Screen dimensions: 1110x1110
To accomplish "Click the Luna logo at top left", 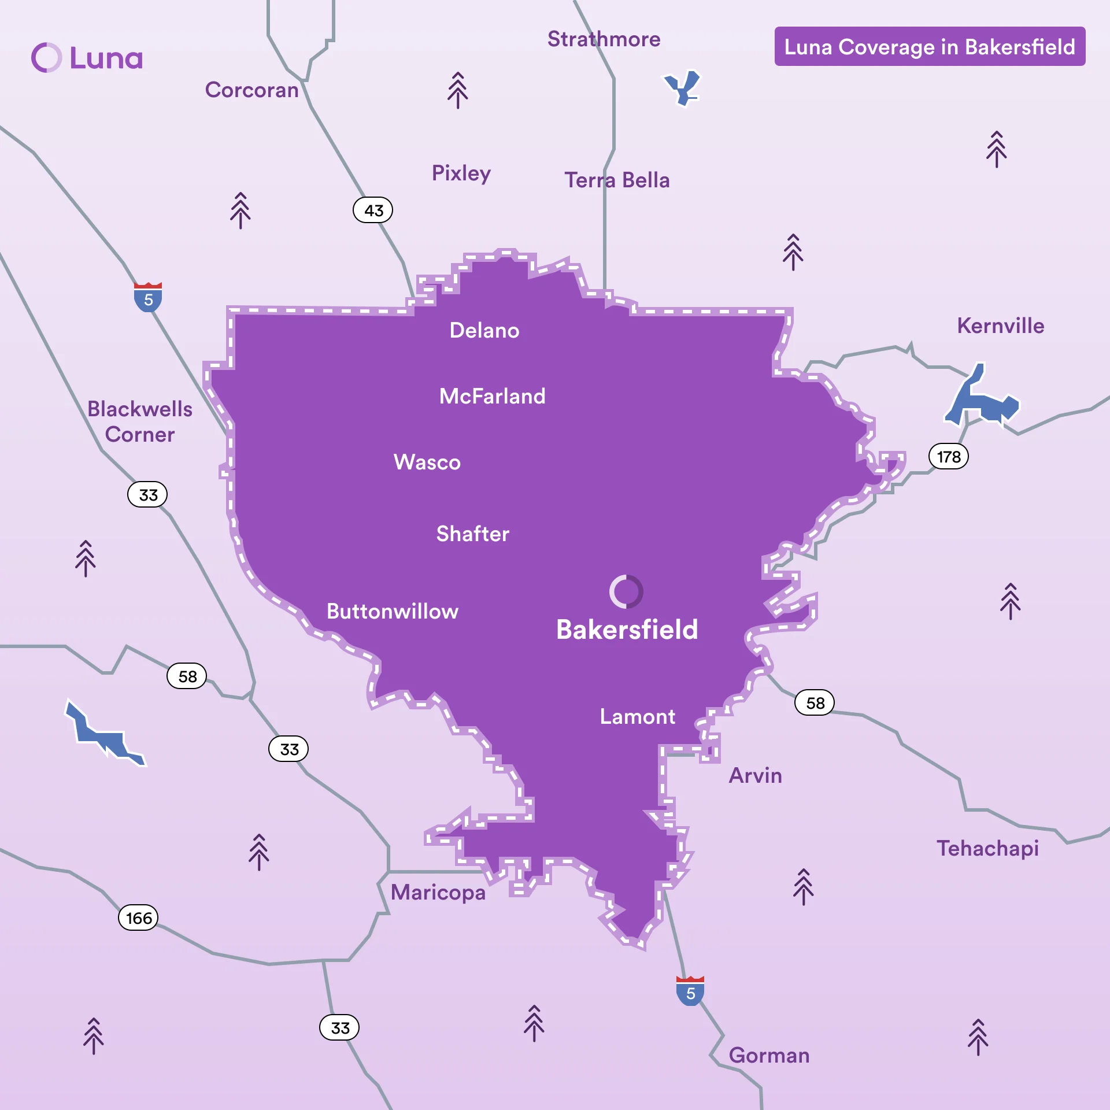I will coord(87,58).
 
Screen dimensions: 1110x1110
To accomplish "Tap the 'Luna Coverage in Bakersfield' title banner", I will coord(929,47).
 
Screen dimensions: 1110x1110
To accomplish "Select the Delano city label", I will coord(484,331).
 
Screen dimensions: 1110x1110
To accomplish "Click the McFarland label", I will coord(492,397).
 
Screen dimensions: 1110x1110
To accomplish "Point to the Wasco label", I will coord(427,462).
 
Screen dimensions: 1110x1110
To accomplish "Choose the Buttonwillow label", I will coord(392,612).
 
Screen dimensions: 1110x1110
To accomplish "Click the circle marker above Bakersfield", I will coord(626,591).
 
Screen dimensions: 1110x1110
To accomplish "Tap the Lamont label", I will coord(637,717).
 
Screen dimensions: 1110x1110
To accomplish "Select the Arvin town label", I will coord(755,776).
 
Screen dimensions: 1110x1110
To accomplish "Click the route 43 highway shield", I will coord(373,210).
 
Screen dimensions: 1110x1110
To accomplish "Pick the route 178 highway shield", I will coord(948,457).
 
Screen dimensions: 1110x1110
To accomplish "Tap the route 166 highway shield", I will coord(138,918).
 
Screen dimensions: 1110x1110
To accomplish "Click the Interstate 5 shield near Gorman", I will coord(690,991).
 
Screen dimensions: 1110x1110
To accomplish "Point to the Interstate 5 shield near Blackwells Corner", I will coord(148,297).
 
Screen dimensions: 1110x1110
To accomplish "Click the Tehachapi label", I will coord(987,849).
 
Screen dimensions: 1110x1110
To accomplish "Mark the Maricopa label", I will coord(438,893).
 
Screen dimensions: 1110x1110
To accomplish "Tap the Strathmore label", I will coord(604,39).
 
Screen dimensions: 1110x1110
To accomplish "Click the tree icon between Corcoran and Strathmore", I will coord(457,90).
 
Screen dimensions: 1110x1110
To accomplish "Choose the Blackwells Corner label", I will coord(139,422).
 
